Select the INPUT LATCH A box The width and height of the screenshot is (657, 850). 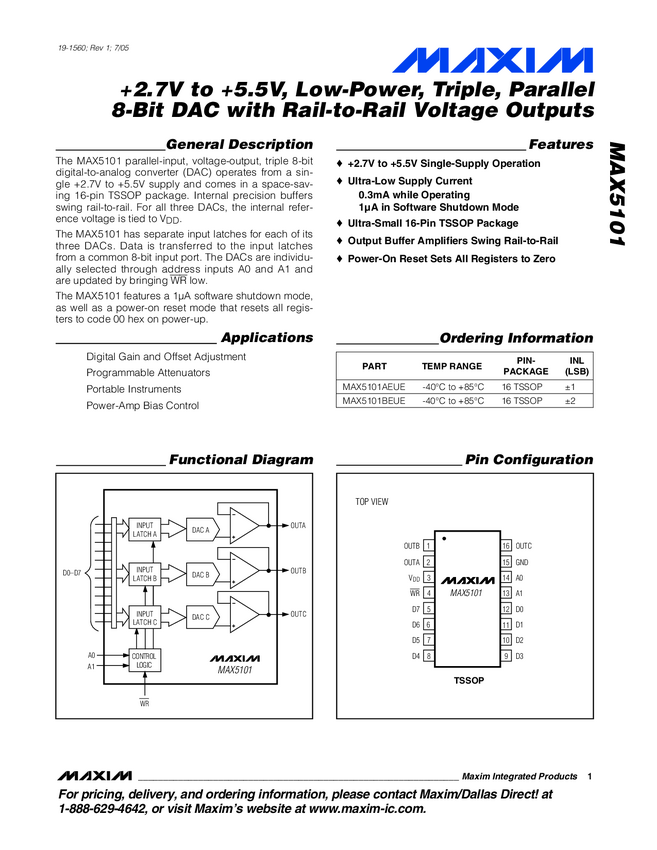coord(146,530)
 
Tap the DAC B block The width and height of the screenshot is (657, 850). coord(201,574)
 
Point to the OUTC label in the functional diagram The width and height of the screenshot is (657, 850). coord(298,614)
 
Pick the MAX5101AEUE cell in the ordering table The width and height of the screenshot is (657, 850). coord(374,386)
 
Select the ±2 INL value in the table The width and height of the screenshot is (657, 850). coord(570,400)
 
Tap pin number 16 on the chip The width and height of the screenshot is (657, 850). coord(506,545)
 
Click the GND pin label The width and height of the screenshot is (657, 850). coord(522,562)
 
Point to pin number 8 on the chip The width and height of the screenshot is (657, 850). coord(428,655)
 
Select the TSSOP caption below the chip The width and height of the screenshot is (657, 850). coord(468,679)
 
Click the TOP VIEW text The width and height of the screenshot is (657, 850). coord(372,501)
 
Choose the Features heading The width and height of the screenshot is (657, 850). coord(560,145)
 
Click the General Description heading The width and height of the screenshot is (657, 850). coord(239,145)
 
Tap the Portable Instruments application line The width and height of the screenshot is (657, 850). coord(134,389)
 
